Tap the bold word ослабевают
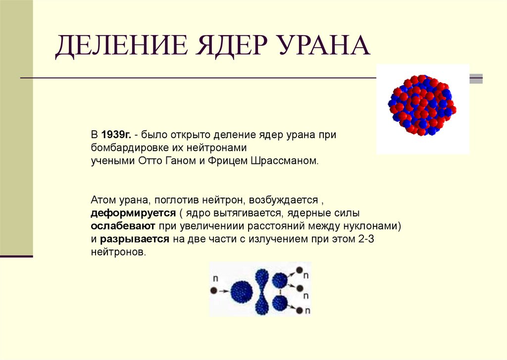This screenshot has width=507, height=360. (123, 226)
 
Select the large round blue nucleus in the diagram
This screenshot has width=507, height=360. (241, 291)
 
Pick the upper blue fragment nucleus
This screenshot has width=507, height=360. (280, 280)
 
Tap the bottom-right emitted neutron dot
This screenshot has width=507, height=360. (299, 310)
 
